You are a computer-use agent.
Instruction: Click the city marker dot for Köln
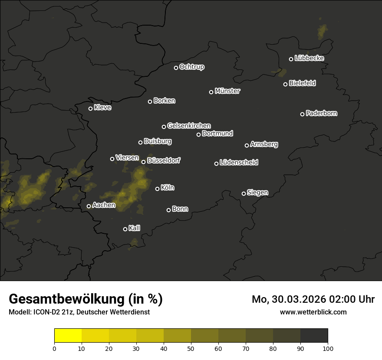[157, 189]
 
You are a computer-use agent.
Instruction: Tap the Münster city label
[227, 91]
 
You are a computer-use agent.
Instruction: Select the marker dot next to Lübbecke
[291, 59]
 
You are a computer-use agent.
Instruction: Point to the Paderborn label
[322, 113]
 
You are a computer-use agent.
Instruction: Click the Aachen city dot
[89, 206]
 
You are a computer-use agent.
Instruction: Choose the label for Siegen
[257, 193]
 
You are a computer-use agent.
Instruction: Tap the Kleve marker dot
[90, 108]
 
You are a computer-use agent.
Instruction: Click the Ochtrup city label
[192, 67]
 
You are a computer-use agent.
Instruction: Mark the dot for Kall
[125, 229]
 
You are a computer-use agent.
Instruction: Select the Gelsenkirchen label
[189, 126]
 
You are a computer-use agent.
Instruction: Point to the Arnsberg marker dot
[247, 145]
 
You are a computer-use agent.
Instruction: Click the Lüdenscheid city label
[239, 163]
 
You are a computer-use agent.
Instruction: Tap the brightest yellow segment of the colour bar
[68, 336]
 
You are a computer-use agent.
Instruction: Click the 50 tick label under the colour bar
[191, 348]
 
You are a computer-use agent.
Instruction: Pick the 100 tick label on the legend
[328, 348]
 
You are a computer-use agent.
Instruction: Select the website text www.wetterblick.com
[313, 312]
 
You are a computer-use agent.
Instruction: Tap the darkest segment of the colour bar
[314, 336]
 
